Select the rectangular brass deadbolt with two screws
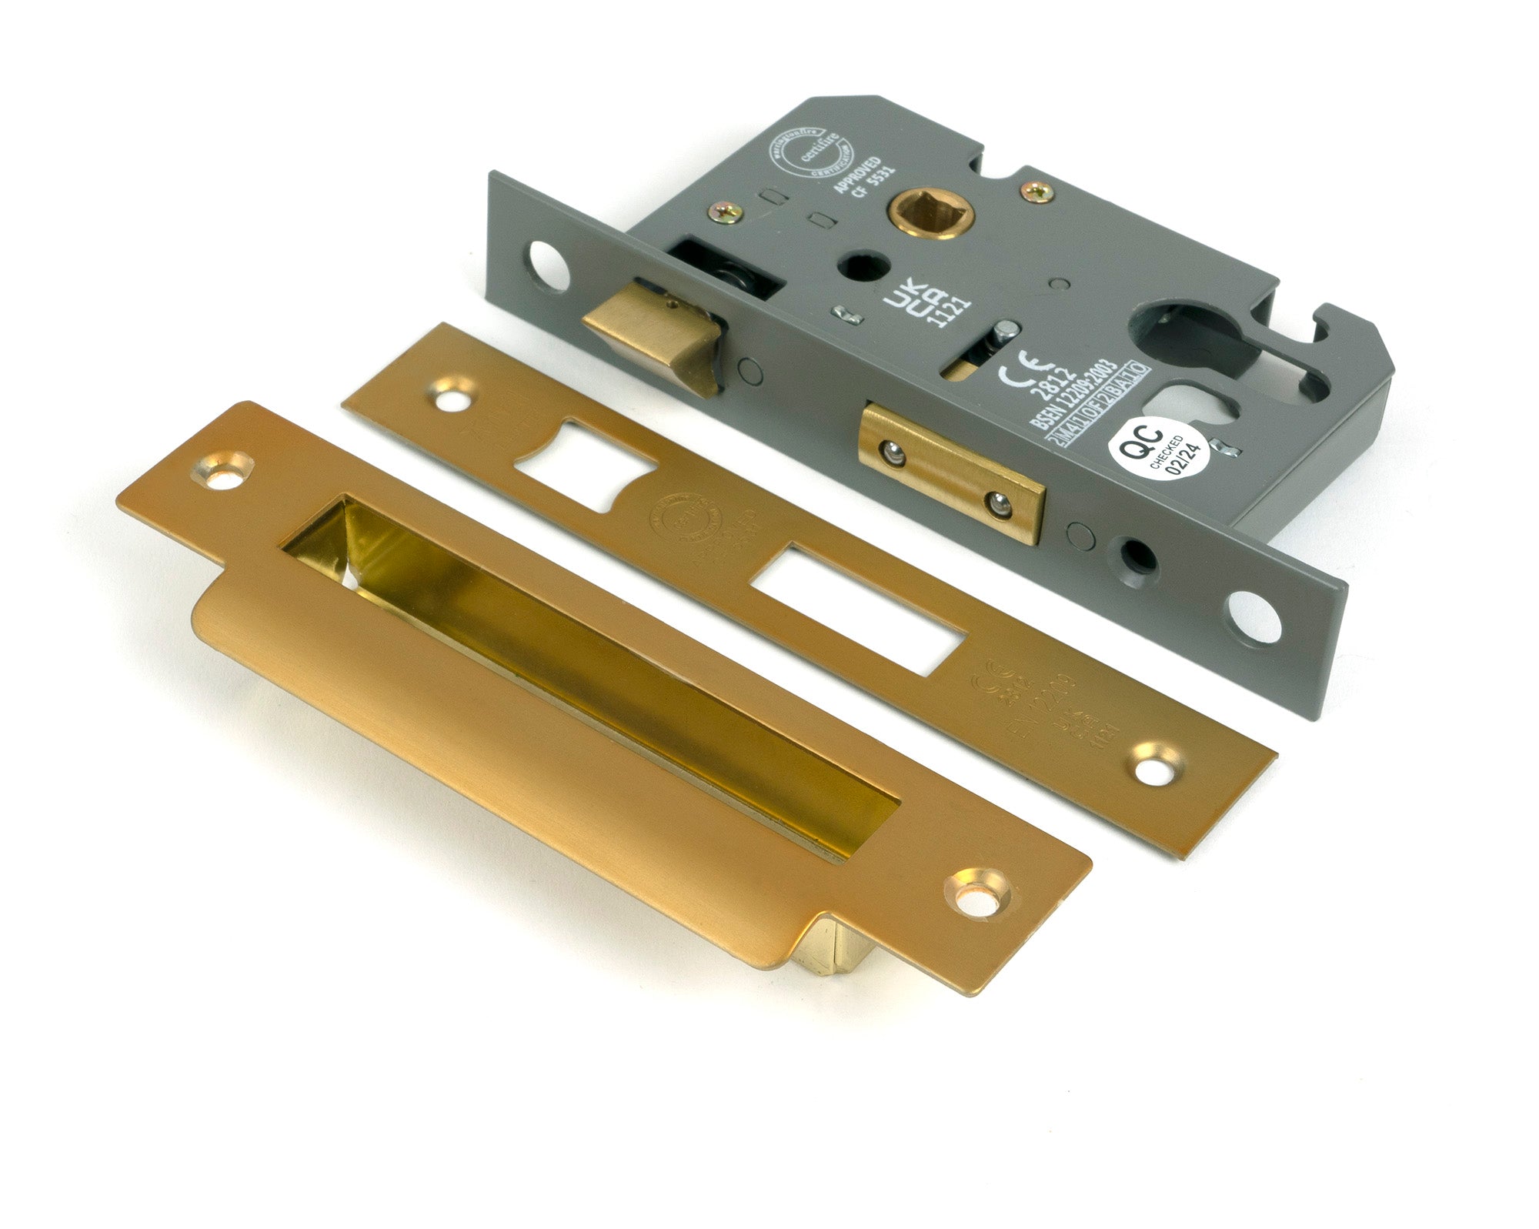pos(953,471)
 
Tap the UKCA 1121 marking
pos(924,302)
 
